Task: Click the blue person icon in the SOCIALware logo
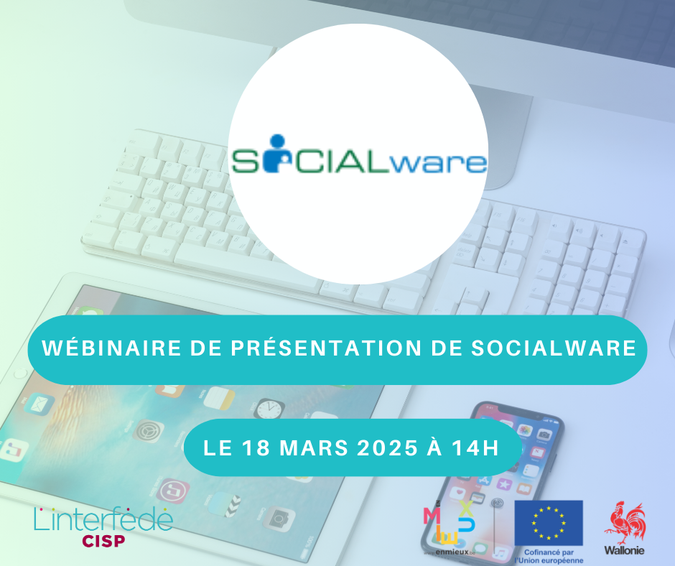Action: click(272, 160)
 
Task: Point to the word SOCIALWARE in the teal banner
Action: click(553, 349)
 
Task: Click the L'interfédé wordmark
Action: click(103, 519)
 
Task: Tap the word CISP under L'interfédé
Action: click(103, 540)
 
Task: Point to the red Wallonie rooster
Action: click(624, 523)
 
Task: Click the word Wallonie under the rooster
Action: click(624, 551)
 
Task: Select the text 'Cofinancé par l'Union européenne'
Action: click(549, 555)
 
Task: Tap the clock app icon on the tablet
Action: click(269, 409)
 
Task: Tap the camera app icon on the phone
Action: click(544, 434)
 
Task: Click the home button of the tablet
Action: click(21, 374)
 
